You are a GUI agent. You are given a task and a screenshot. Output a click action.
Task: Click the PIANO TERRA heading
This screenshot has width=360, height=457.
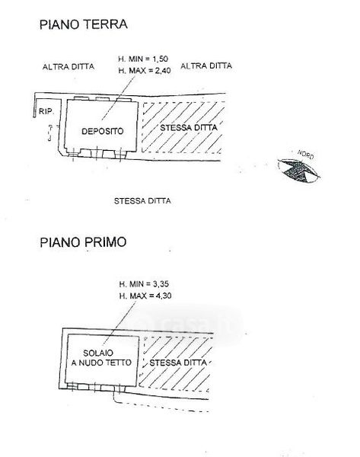coord(84,24)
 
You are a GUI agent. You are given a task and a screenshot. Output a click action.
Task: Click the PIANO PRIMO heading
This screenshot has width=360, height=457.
coord(83,242)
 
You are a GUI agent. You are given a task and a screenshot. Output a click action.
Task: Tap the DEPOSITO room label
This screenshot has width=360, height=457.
coord(103,131)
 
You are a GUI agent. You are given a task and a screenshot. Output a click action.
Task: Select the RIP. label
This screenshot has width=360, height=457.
coord(46,111)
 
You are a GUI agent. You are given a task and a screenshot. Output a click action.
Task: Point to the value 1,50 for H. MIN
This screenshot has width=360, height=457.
coord(161,59)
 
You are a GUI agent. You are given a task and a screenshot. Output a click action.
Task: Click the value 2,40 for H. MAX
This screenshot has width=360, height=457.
coord(163,71)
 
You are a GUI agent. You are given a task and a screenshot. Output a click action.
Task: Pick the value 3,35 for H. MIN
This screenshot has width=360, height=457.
coord(161,284)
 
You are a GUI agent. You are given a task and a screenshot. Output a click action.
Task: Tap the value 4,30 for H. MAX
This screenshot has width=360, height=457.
coord(164,296)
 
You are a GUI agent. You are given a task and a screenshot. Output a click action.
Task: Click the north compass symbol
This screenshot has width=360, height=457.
coord(298,171)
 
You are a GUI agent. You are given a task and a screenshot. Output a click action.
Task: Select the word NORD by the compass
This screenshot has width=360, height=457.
coord(305,155)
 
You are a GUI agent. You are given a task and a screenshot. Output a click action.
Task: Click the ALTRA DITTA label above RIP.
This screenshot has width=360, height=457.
coord(68,67)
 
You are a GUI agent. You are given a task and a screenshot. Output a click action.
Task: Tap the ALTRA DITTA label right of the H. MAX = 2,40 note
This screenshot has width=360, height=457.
coord(206,66)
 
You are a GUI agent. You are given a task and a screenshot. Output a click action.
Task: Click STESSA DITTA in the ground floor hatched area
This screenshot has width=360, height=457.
coord(189,128)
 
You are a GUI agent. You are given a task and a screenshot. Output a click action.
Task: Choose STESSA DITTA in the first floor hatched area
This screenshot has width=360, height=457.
coord(178,363)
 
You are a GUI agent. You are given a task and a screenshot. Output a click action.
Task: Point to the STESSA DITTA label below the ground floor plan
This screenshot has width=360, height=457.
coord(142,201)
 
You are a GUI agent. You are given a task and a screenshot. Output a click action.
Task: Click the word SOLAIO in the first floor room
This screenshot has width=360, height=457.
coord(98,353)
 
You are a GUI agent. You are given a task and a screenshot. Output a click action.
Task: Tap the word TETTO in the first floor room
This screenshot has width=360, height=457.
coord(119,363)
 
